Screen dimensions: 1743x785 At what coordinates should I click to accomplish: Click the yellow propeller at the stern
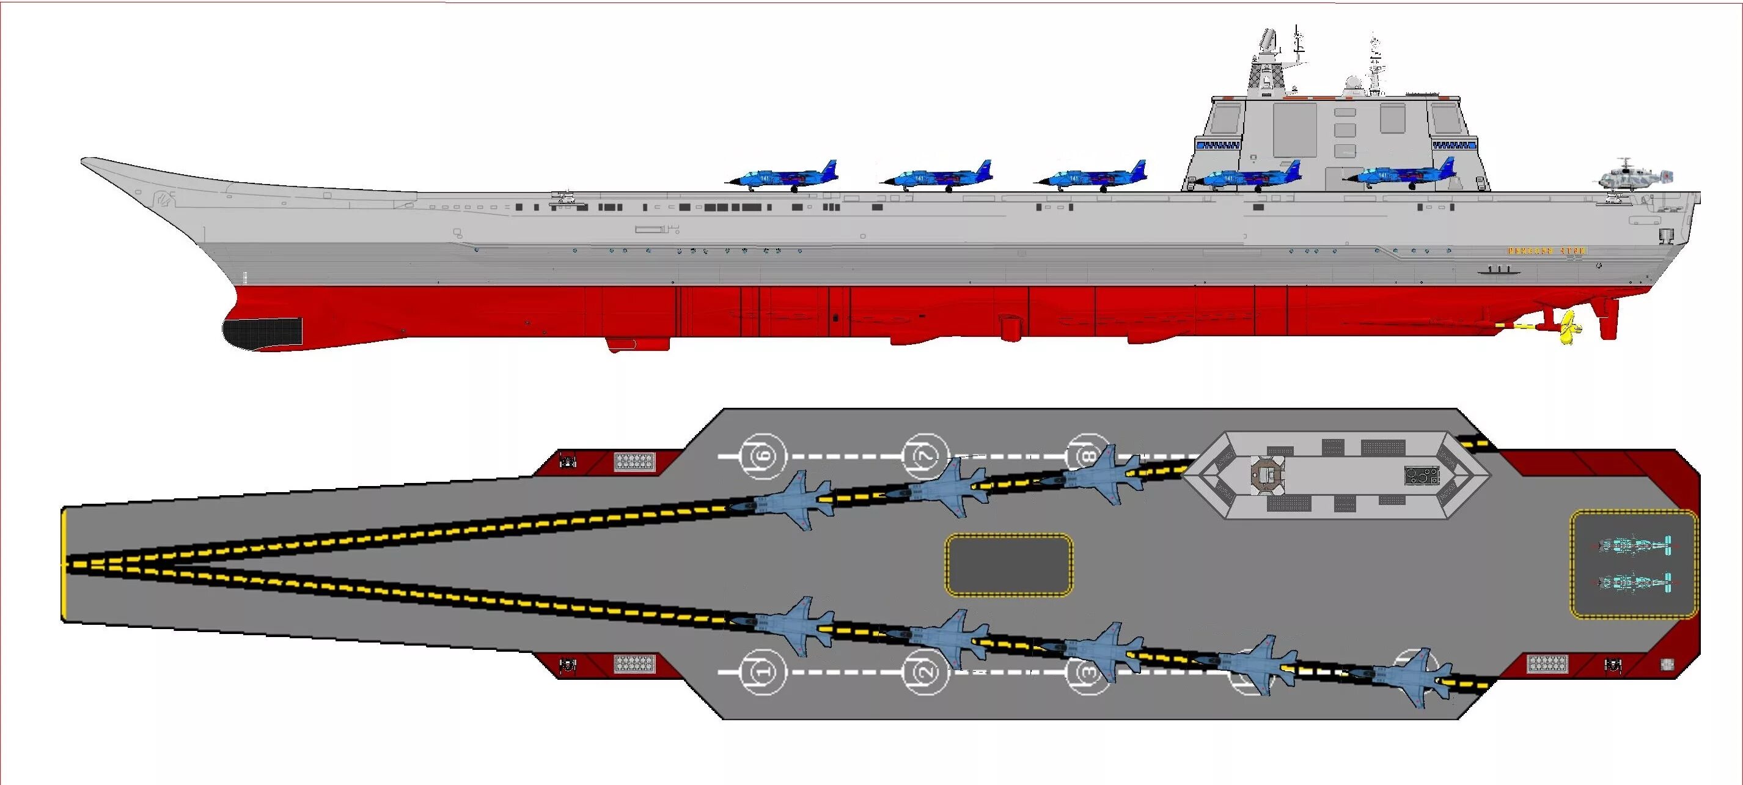point(1568,328)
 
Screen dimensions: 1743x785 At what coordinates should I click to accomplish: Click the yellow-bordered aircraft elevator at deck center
point(1008,564)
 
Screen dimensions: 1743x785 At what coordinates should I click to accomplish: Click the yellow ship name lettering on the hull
point(1547,251)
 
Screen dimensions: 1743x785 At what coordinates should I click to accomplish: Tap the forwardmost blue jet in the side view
point(785,177)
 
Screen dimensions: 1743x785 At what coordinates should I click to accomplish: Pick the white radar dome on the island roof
point(1352,84)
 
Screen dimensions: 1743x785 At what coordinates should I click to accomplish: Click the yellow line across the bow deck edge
point(65,564)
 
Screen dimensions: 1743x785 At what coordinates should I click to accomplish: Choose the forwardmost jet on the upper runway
point(791,501)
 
